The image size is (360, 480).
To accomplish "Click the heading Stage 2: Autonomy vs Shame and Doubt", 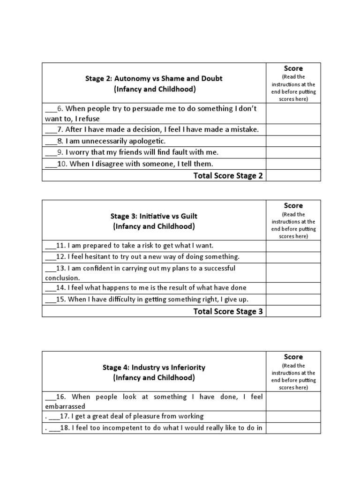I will point(153,78).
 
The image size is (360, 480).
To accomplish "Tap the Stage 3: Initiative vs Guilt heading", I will point(154,216).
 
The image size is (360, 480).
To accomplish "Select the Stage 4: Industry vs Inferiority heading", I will point(154,367).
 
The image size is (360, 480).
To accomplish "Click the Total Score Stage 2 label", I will point(228,176).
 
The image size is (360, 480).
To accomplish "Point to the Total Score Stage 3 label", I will point(228,312).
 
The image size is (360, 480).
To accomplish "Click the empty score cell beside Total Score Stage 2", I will point(293,175).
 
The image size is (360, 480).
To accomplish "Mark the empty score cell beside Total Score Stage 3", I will point(293,311).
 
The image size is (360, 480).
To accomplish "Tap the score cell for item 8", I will point(293,141).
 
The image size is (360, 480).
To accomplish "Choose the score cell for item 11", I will point(293,246).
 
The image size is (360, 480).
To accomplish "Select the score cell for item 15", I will point(293,300).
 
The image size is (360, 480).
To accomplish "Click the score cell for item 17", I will point(293,416).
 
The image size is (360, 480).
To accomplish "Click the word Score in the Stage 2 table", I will point(293,68).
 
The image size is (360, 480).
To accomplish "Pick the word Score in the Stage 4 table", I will point(293,357).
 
